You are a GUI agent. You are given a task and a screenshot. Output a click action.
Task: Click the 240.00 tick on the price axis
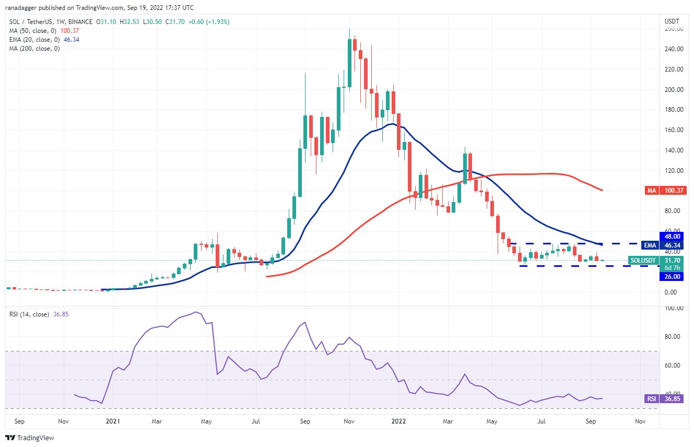pyautogui.click(x=674, y=49)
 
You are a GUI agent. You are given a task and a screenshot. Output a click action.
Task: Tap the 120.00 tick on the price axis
pyautogui.click(x=674, y=171)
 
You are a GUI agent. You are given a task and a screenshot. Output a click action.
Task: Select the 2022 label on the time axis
pyautogui.click(x=398, y=420)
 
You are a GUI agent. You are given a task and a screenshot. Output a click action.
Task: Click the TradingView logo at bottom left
pyautogui.click(x=30, y=438)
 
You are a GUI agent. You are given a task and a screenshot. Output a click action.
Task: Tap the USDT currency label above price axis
pyautogui.click(x=671, y=21)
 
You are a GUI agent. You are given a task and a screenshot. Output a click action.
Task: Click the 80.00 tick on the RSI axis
pyautogui.click(x=674, y=337)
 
